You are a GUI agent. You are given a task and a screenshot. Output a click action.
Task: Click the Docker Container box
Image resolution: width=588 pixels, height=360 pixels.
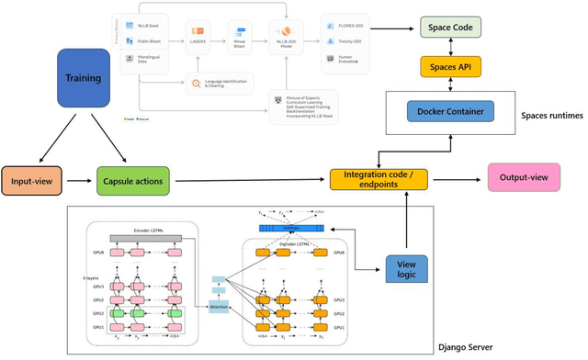pos(450,112)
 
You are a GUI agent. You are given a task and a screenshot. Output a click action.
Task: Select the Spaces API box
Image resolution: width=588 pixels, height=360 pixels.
pos(450,66)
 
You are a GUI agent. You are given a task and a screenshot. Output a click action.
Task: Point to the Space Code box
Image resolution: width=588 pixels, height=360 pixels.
pos(450,28)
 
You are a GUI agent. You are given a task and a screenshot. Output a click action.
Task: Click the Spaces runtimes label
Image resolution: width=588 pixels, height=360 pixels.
pos(549,116)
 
